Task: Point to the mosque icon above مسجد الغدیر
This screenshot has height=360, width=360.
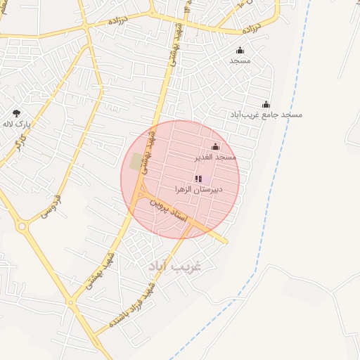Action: click(x=215, y=146)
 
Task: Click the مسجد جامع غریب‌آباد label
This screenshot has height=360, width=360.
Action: click(x=266, y=115)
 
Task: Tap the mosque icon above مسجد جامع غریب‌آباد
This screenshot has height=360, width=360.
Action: click(x=266, y=104)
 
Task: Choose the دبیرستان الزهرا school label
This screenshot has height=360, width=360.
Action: click(x=198, y=190)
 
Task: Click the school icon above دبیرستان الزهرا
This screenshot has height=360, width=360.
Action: click(x=198, y=179)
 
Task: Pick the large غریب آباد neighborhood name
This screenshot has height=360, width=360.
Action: click(x=175, y=267)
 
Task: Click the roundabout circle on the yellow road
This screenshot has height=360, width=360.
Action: click(x=21, y=226)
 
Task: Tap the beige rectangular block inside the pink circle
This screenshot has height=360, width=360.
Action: click(x=136, y=162)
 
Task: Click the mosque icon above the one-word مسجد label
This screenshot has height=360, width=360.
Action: click(x=240, y=50)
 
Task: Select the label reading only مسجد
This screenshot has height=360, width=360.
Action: click(x=240, y=61)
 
